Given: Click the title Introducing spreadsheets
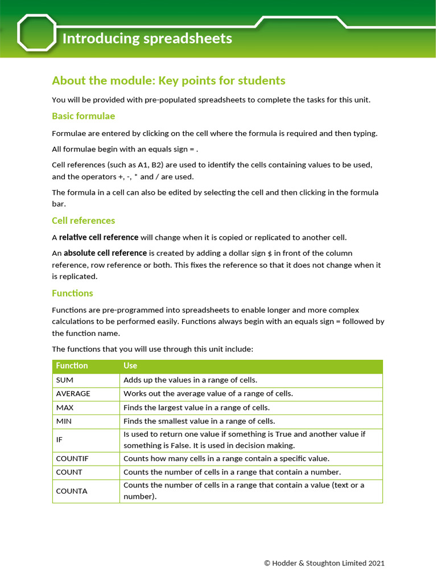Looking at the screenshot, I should pos(147,38).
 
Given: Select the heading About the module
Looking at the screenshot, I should pos(168,80).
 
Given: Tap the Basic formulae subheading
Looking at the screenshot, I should pos(83,116).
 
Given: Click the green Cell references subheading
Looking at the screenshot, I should pos(83,220).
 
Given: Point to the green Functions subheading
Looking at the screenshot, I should pos(72,293).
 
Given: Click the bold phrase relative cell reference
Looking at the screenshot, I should pos(98,237).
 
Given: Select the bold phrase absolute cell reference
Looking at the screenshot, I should pos(105,253).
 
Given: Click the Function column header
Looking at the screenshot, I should pos(72,366).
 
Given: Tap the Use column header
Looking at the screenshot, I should pos(130,366).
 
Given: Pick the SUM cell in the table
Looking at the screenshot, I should pos(65,380).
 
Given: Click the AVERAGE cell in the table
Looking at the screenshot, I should pos(73,393).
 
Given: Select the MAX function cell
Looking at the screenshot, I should pos(65,408).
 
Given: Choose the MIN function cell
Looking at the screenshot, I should pos(64,421).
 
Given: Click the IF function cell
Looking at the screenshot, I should pos(59,440).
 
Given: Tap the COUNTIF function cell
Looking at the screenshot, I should pos(72,458).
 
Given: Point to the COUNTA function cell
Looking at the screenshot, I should pos(72,491).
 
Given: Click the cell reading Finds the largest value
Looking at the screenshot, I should pos(196,408).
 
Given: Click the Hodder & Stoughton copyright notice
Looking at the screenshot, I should pos(324,563).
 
